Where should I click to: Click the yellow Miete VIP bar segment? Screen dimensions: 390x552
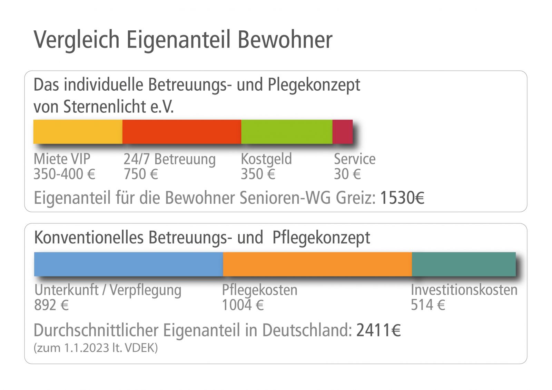pos(78,132)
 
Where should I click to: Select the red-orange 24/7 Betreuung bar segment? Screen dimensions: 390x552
pos(181,132)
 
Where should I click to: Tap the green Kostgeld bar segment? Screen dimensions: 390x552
pos(286,132)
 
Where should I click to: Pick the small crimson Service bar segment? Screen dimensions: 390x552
pos(342,132)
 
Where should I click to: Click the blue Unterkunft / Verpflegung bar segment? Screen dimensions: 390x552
pos(128,264)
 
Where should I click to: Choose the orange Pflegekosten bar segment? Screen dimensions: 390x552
pos(317,264)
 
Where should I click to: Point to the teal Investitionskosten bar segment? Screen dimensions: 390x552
pos(463,264)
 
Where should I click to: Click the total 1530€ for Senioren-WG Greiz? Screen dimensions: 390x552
pos(402,198)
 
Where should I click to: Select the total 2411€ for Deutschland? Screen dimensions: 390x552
pos(378,330)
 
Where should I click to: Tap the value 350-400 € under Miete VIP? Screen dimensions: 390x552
pos(64,174)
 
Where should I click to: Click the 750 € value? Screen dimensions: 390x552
pos(141,174)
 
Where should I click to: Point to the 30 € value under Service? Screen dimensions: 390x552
pos(347,174)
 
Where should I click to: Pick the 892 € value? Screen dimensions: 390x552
pos(51,305)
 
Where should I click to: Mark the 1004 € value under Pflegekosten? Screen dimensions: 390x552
pos(243,305)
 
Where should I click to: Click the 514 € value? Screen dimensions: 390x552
pos(428,305)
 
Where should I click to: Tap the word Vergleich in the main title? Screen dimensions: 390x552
pos(77,40)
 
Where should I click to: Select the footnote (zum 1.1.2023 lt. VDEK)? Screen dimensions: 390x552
pos(96,348)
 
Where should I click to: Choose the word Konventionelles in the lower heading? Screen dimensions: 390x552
pos(89,238)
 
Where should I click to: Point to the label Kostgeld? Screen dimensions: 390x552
pos(266,159)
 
